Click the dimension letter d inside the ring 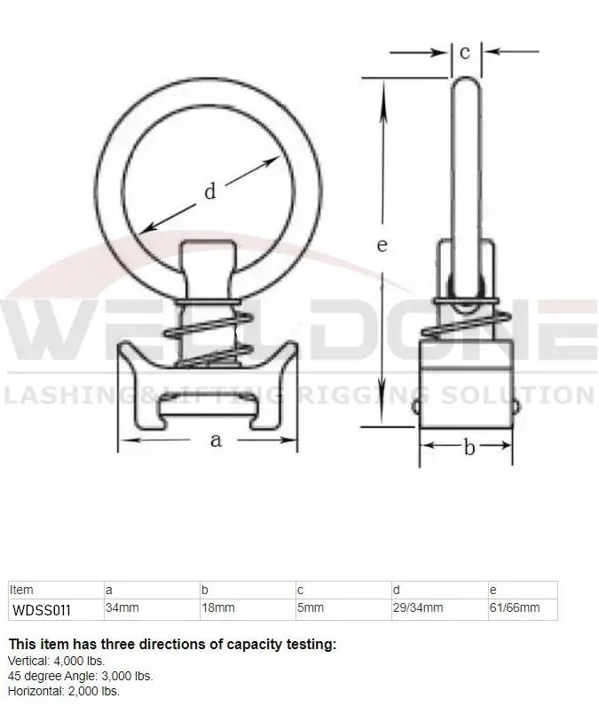click(210, 190)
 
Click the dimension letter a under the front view click(216, 439)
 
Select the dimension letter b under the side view click(469, 448)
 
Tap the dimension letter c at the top click(465, 52)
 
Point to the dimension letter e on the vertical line click(382, 245)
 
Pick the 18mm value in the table click(217, 609)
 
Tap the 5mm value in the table click(311, 609)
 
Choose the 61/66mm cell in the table click(515, 609)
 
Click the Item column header click(21, 590)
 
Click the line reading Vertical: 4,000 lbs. click(56, 661)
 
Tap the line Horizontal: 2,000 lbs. click(64, 690)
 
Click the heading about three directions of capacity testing click(172, 645)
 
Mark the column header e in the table click(493, 590)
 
